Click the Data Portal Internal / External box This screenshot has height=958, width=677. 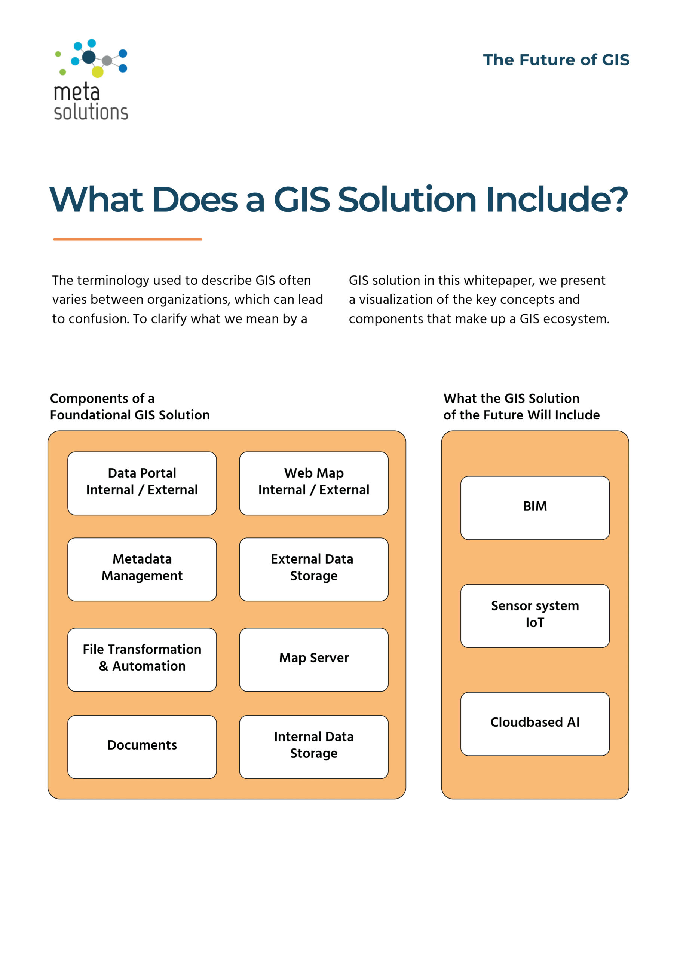pyautogui.click(x=142, y=483)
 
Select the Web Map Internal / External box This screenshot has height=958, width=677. pyautogui.click(x=314, y=483)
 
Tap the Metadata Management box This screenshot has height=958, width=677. pyautogui.click(x=142, y=569)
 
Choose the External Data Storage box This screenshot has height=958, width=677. pyautogui.click(x=314, y=569)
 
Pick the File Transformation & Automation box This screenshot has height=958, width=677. pyautogui.click(x=142, y=660)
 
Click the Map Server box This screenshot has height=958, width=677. pyautogui.click(x=314, y=660)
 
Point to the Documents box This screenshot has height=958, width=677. pyautogui.click(x=142, y=747)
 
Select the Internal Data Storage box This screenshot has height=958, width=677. pyautogui.click(x=314, y=747)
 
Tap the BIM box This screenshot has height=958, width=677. pyautogui.click(x=535, y=508)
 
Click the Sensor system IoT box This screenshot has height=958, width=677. pyautogui.click(x=535, y=616)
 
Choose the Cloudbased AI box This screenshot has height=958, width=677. pyautogui.click(x=535, y=724)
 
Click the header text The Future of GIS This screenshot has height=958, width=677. pyautogui.click(x=556, y=60)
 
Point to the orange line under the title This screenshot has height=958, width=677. pyautogui.click(x=128, y=239)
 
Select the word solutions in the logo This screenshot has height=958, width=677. pyautogui.click(x=91, y=112)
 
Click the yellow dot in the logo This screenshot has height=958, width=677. pyautogui.click(x=97, y=72)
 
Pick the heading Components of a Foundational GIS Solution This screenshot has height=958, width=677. pyautogui.click(x=130, y=406)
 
